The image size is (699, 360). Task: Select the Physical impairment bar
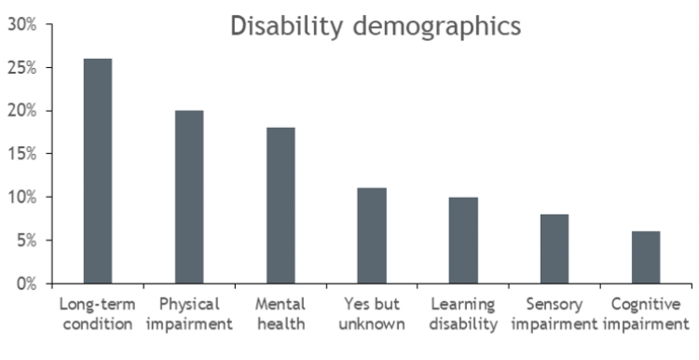point(189,197)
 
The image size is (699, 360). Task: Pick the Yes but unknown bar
point(372,235)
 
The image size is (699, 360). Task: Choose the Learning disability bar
point(463,240)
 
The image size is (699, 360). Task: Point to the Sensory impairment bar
point(555,248)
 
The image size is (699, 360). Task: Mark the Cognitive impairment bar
point(646,256)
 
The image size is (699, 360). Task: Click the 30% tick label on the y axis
point(22,25)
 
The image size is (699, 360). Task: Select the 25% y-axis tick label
point(22,68)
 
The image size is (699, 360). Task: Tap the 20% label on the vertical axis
point(22,111)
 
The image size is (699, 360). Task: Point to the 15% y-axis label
point(22,154)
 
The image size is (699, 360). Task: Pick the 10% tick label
point(22,198)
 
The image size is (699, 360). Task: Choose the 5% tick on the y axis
point(26,241)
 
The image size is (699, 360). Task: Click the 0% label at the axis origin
point(26,284)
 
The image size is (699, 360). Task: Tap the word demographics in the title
point(432,28)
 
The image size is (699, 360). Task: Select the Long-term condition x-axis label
point(98,314)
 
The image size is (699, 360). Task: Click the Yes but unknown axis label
point(372,314)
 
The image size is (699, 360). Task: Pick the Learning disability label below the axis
point(463,314)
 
